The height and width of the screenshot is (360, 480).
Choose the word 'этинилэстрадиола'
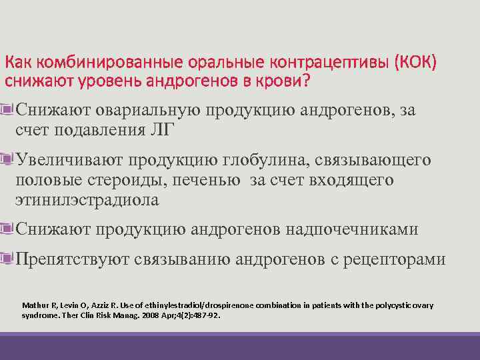click(x=87, y=199)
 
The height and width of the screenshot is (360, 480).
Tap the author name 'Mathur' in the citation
click(x=35, y=305)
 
